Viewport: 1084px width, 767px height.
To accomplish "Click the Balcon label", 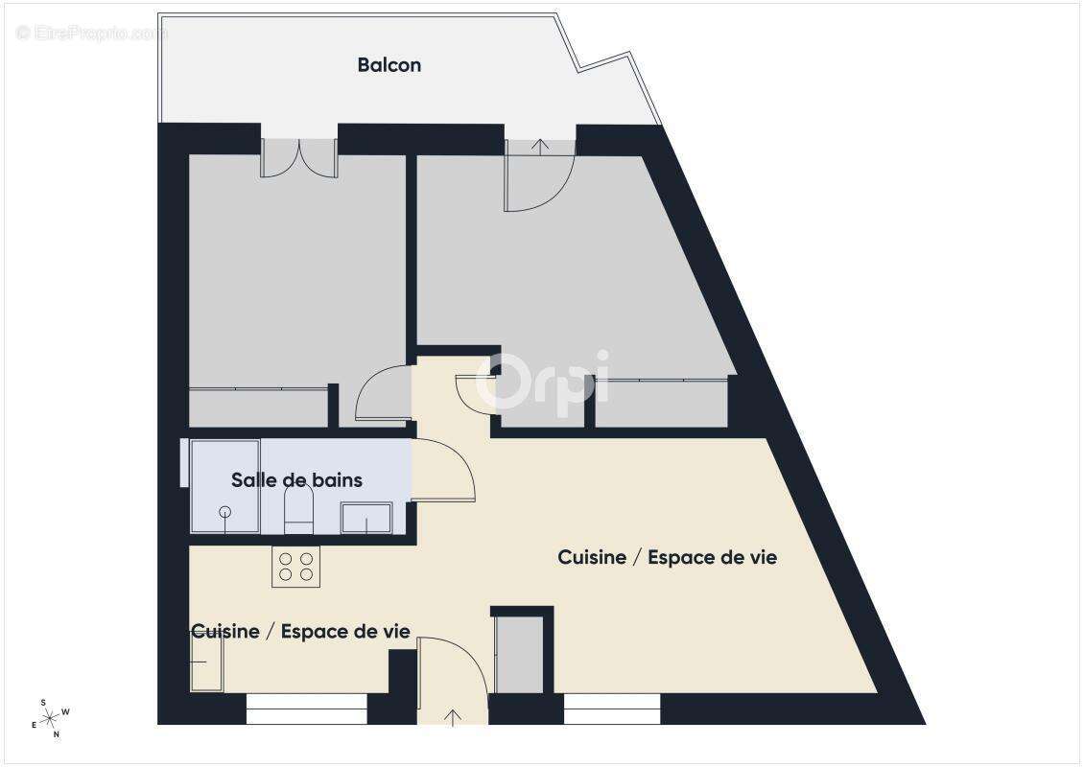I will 389,65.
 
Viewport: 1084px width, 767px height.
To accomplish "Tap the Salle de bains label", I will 296,479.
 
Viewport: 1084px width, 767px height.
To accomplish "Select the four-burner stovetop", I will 295,566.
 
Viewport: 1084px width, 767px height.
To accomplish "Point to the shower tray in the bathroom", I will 225,486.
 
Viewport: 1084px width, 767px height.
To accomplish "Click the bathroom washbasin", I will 366,519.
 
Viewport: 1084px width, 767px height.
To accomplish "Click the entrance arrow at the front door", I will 453,716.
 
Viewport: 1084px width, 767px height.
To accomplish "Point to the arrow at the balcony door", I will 540,146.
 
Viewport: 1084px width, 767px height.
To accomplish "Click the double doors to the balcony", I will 299,157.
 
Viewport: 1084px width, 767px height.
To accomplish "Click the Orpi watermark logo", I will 542,382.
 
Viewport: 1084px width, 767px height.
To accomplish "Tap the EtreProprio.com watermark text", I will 91,33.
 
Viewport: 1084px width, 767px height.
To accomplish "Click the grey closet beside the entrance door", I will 518,655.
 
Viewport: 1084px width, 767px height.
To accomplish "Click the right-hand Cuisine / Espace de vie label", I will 667,557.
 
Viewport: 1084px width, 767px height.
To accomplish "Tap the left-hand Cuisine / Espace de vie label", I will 301,631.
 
